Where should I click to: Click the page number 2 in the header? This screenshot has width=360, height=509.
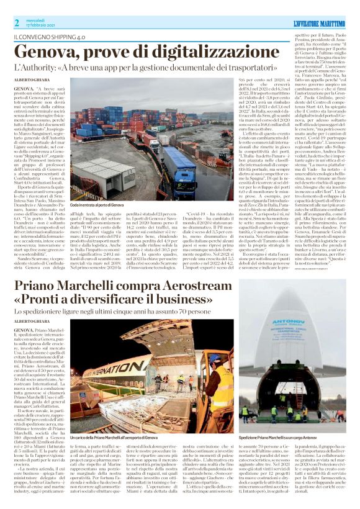pos(16,22)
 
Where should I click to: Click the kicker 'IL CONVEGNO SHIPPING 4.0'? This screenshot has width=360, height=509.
pos(51,37)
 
